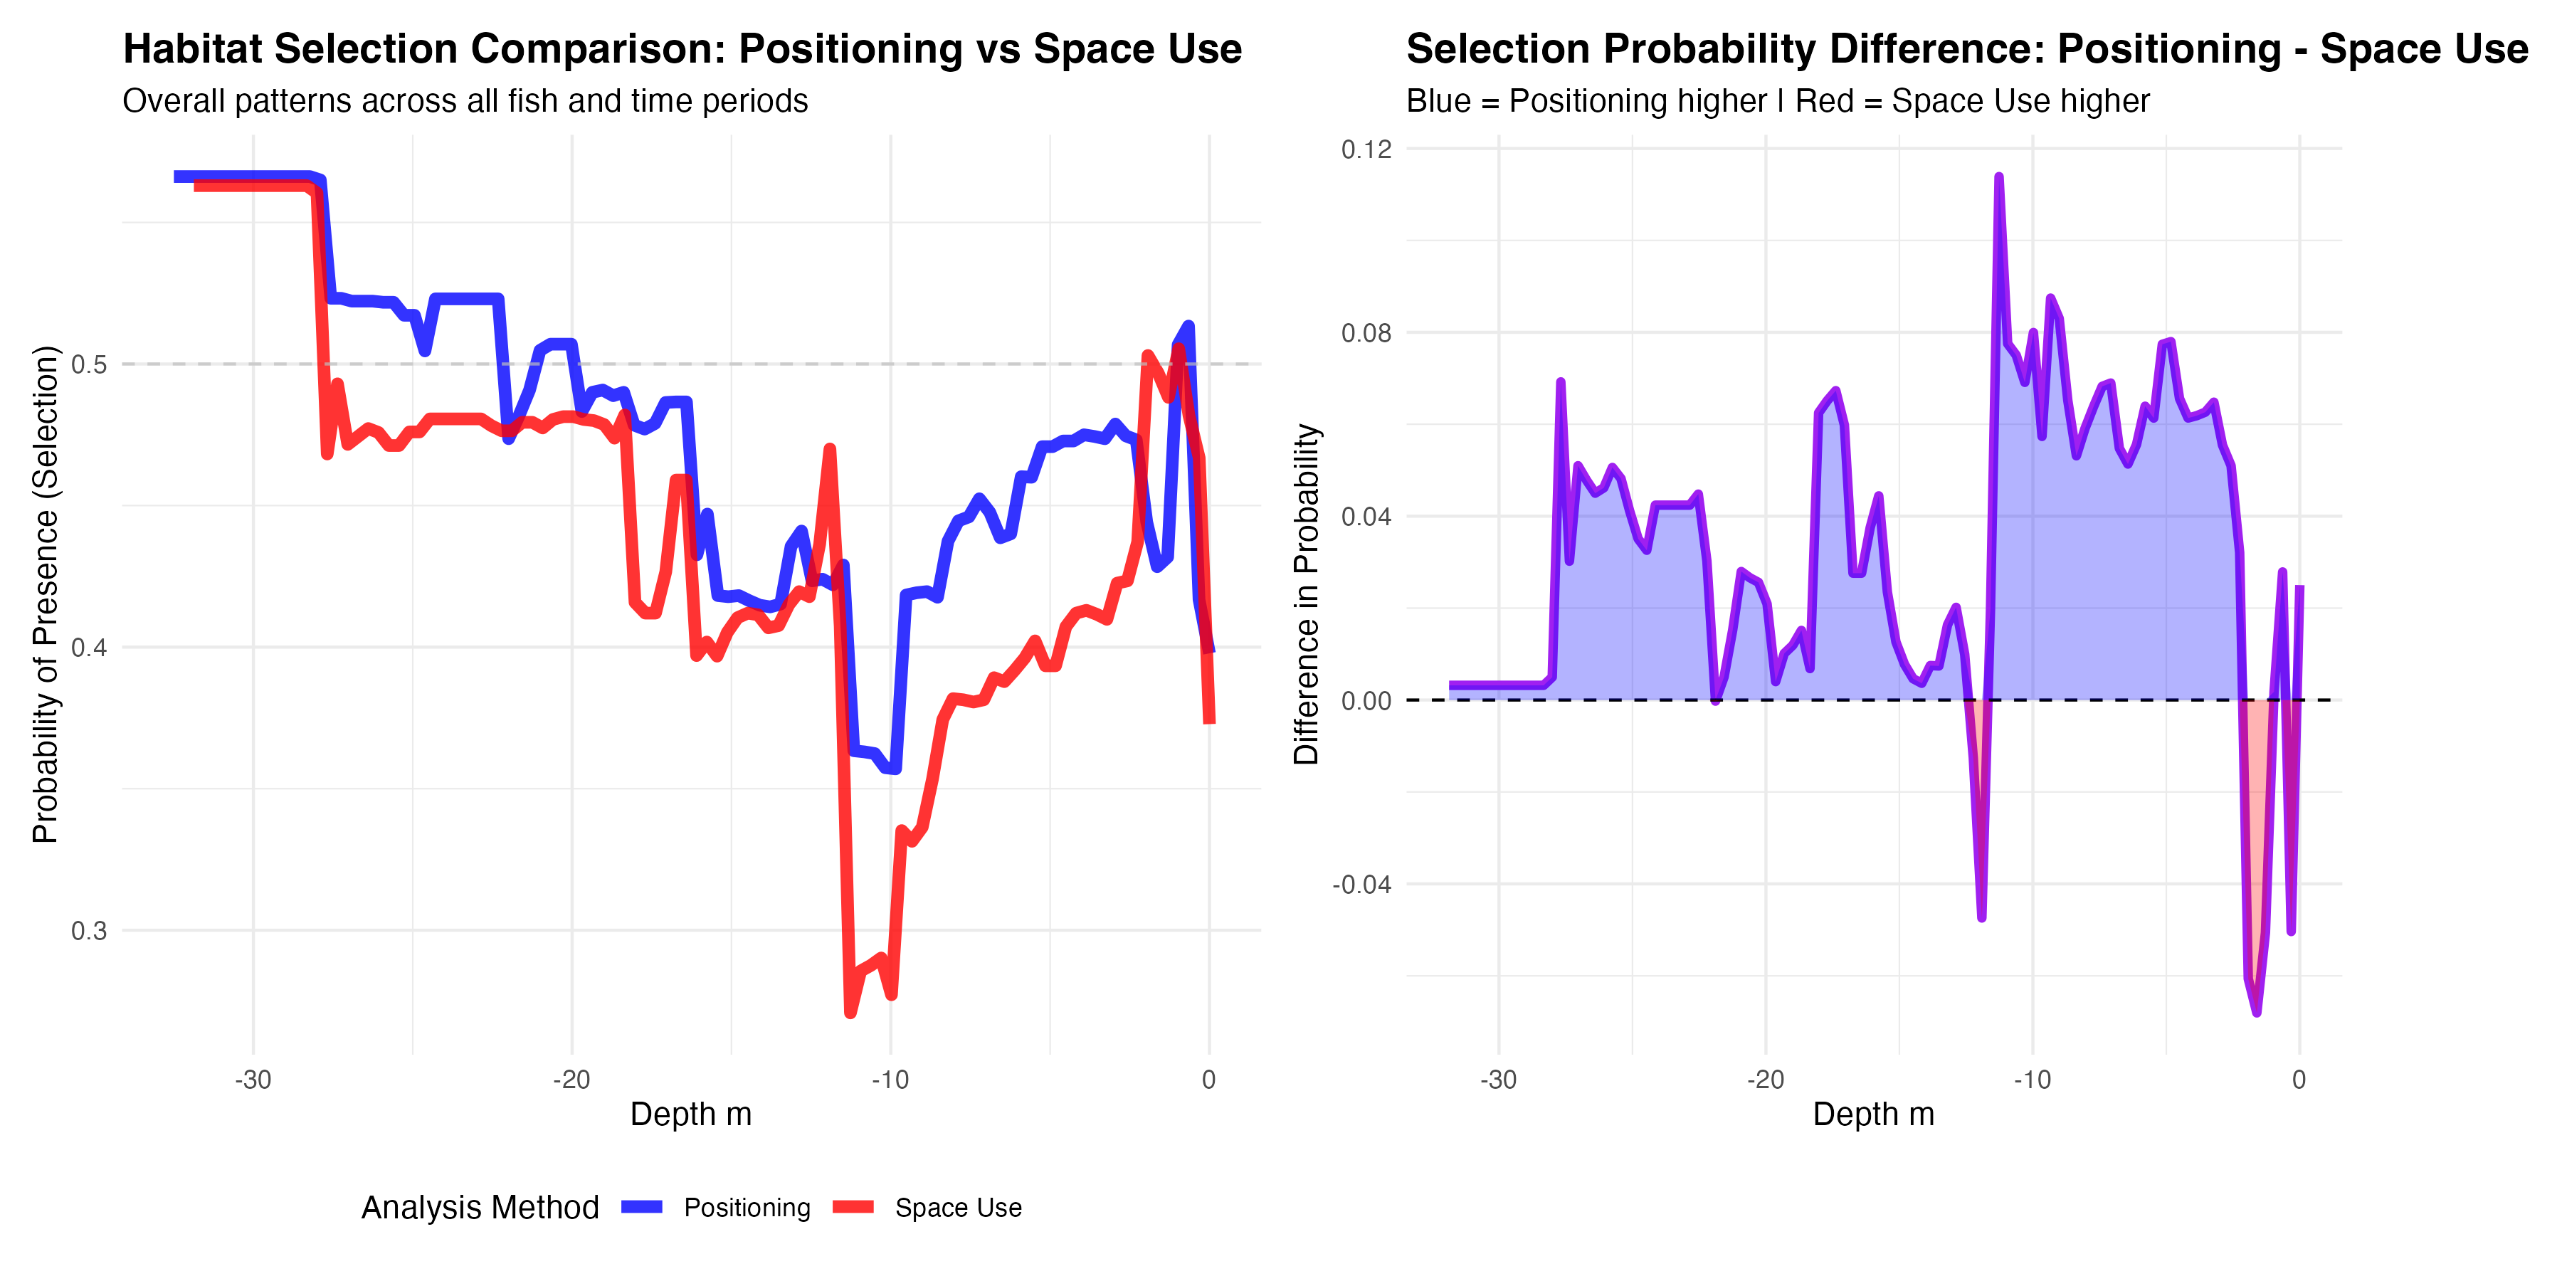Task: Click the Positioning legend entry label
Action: point(747,1208)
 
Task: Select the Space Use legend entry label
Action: point(958,1208)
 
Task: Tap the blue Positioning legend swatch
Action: point(641,1206)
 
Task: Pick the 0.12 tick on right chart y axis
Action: point(1366,149)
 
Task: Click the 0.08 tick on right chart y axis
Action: point(1366,332)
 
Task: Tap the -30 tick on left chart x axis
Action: point(253,1080)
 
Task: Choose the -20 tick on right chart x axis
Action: point(1766,1080)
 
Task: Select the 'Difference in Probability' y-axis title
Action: point(1306,594)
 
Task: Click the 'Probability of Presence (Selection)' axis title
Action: point(45,594)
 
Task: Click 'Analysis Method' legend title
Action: point(480,1208)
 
